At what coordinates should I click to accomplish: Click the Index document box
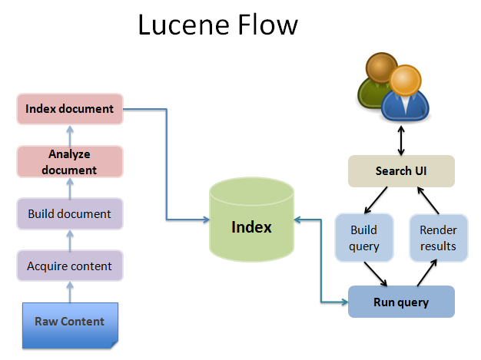[70, 109]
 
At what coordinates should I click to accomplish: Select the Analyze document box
[70, 162]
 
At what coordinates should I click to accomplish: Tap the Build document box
[70, 214]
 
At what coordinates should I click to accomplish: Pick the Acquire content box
[70, 266]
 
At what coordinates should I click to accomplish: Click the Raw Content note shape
[70, 325]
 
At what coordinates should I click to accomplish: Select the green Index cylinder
[251, 220]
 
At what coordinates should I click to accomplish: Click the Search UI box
[401, 171]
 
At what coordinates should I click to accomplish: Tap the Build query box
[364, 238]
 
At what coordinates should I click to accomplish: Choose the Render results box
[439, 238]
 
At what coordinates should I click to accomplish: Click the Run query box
[401, 302]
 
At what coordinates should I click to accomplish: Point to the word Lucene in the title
[184, 25]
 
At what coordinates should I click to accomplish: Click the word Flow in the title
[267, 25]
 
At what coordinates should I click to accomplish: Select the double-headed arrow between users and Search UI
[401, 140]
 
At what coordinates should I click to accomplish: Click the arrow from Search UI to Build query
[376, 200]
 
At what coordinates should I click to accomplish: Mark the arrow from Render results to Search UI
[428, 200]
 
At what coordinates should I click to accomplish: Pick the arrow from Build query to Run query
[376, 274]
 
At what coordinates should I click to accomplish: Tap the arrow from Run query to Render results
[427, 272]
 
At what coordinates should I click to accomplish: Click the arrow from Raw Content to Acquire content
[70, 292]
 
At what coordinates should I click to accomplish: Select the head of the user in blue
[405, 81]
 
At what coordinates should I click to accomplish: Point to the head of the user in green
[382, 68]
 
